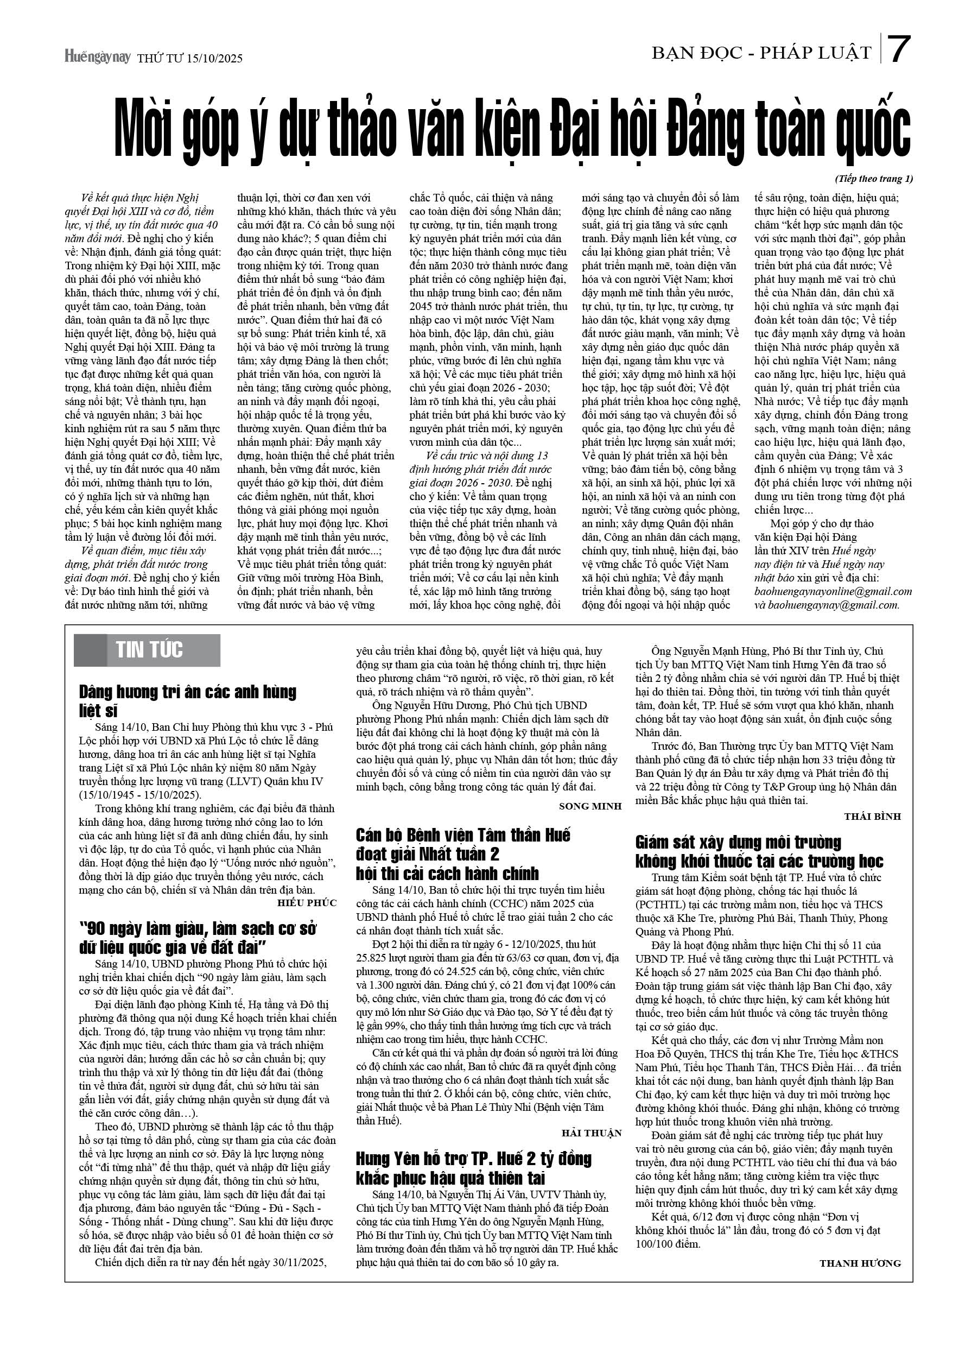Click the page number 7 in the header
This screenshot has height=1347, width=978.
[900, 49]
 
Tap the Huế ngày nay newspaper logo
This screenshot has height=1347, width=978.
[97, 57]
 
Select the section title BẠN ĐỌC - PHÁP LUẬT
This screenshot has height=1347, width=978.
[761, 53]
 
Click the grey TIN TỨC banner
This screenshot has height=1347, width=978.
[147, 650]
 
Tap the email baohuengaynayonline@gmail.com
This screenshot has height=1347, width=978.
[833, 592]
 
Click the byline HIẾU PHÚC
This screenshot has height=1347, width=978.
[307, 903]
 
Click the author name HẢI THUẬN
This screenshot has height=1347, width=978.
[592, 1133]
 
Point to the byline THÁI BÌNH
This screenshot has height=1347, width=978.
[872, 817]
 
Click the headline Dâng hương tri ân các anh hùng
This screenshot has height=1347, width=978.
[188, 693]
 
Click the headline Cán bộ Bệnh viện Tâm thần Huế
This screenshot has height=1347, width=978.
[463, 835]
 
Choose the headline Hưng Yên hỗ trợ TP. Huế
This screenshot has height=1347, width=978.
[474, 1159]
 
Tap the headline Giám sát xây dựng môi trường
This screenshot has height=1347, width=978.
[738, 842]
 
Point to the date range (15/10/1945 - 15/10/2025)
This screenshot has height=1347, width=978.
[140, 795]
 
